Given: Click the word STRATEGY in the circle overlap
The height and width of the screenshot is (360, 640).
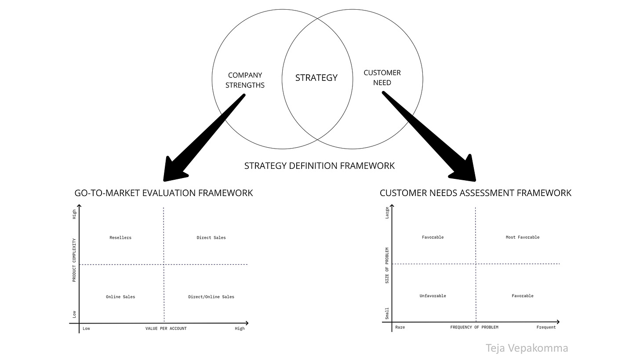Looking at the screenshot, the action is point(316,78).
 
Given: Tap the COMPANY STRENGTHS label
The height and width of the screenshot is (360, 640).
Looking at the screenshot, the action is point(245,80).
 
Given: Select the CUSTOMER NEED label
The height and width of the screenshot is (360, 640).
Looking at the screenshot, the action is point(382,77).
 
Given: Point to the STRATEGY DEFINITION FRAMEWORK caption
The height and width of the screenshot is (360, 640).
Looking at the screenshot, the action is point(320,166).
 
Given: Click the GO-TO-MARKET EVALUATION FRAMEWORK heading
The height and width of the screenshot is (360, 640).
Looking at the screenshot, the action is point(164,193).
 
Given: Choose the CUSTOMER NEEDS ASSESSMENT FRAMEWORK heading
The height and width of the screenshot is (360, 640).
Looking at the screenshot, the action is point(476,193).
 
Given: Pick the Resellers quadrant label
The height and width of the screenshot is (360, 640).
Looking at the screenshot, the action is point(120,238).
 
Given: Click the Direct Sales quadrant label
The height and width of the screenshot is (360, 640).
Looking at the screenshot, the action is point(211,238).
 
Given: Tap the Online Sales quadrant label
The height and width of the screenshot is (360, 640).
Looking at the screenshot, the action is point(120,297).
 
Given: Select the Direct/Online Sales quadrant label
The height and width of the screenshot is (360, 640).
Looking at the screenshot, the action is point(211,297).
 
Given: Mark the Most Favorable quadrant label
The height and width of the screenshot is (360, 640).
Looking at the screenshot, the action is point(522,237).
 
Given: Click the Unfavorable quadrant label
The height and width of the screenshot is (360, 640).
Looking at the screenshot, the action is point(433,296).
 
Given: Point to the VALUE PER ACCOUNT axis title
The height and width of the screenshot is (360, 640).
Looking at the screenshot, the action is point(166,329).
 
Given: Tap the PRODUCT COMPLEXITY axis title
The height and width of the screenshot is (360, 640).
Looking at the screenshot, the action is point(74,260).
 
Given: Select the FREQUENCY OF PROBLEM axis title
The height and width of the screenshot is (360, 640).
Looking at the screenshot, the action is point(474,327).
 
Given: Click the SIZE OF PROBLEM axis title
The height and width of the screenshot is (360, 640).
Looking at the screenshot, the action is point(387,265).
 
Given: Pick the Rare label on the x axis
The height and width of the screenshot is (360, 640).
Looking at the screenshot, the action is point(400,327).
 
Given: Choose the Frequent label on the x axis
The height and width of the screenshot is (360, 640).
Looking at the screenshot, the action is point(546,327).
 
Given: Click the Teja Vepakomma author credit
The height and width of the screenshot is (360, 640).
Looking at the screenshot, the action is point(527,348).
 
